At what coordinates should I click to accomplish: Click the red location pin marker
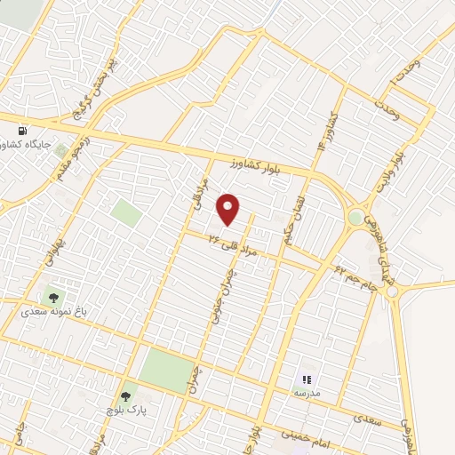(x=228, y=210)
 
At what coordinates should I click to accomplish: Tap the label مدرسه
(x=307, y=392)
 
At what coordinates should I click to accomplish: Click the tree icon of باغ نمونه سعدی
(x=55, y=296)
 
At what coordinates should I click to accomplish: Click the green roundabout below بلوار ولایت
(x=355, y=217)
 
